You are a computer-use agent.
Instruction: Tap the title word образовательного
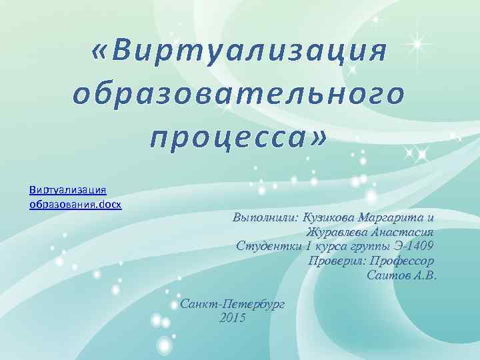[x=238, y=95]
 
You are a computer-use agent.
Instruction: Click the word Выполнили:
[x=265, y=217]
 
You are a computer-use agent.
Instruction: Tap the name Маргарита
[x=391, y=217]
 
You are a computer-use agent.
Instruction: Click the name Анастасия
[x=401, y=233]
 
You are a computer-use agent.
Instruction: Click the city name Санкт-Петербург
[x=233, y=304]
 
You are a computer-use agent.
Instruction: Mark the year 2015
[x=232, y=319]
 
